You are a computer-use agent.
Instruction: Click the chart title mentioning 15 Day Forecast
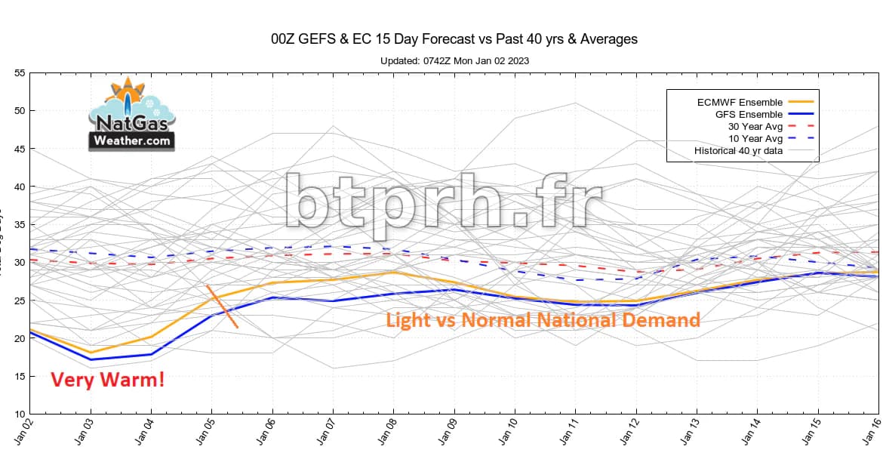point(454,39)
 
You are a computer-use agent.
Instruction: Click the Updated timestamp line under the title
point(454,60)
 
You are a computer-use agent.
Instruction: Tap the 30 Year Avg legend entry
point(754,126)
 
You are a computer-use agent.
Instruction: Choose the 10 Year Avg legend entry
point(754,139)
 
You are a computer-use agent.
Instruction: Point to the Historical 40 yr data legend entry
point(737,152)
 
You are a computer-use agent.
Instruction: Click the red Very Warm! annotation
point(108,380)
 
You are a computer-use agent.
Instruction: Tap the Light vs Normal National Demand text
point(543,320)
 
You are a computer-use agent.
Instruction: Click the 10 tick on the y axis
point(20,414)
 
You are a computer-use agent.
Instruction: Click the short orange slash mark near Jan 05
point(222,307)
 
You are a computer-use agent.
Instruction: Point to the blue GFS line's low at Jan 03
point(91,359)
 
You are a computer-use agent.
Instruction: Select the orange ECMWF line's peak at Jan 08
point(392,273)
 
